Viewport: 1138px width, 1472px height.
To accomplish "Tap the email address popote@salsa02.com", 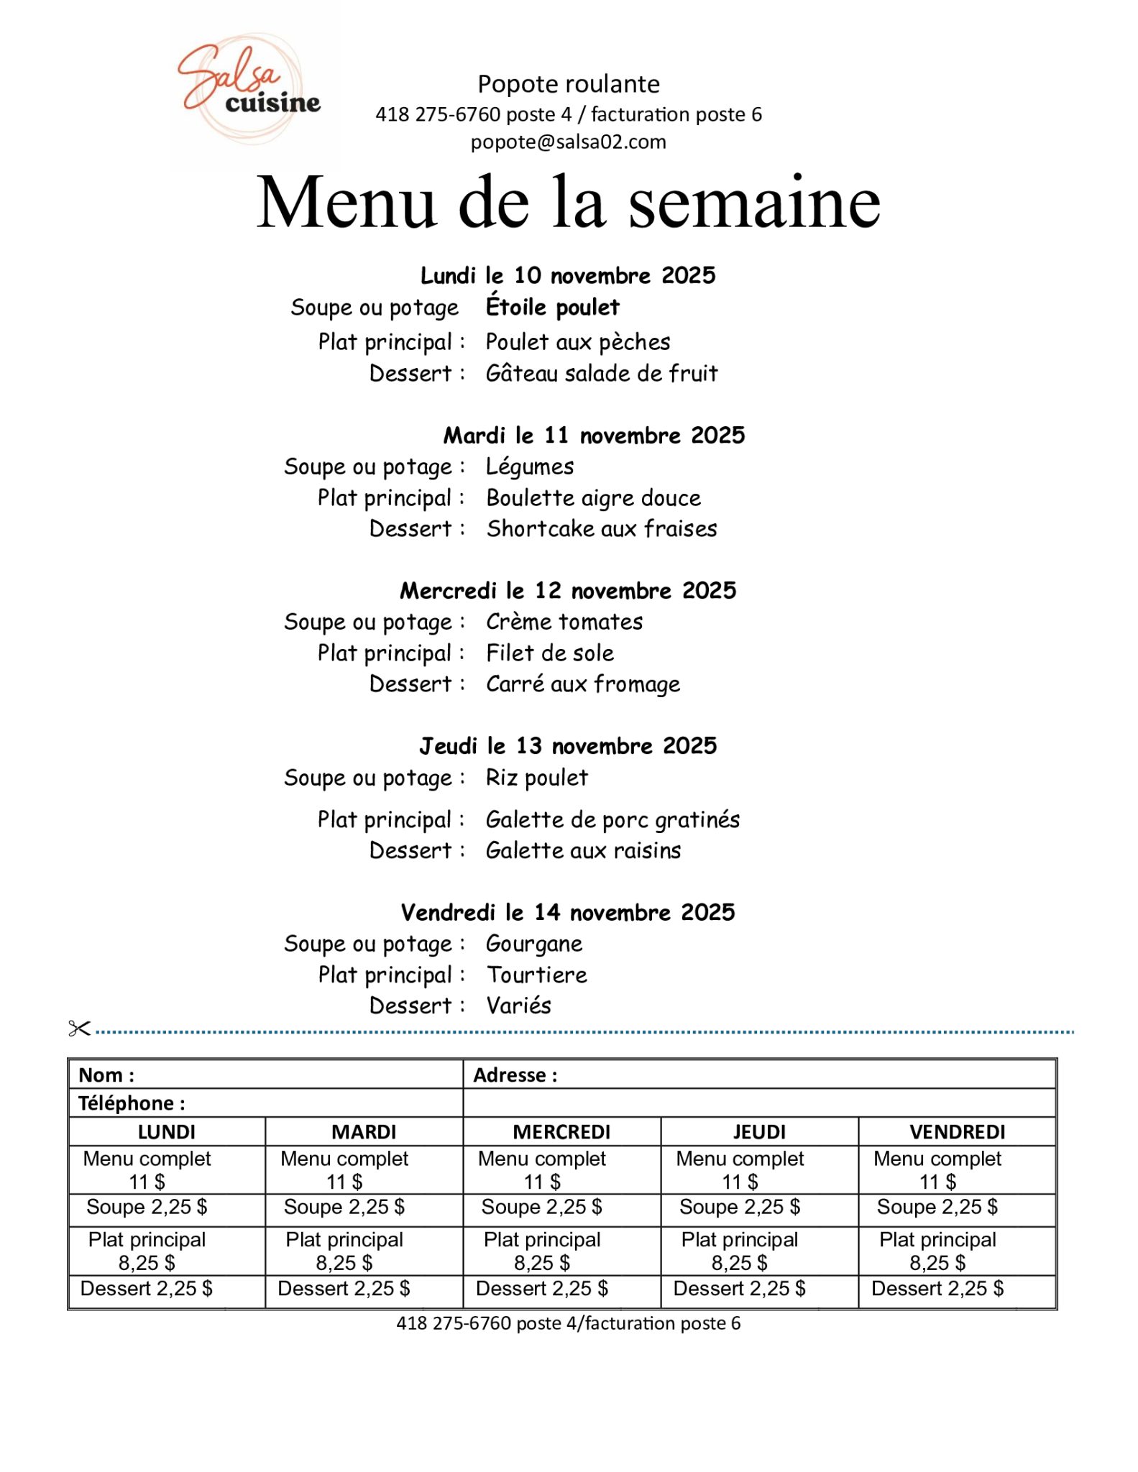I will (568, 142).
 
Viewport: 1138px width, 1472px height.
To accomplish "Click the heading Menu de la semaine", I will (568, 202).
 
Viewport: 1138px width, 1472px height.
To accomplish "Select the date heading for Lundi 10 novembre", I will (568, 275).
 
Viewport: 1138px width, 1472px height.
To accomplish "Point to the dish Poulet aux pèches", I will (577, 342).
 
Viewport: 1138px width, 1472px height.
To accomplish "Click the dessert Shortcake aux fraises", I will (602, 529).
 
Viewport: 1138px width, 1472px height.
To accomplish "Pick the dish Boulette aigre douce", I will (593, 498).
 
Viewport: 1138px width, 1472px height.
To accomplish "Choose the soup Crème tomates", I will (564, 622).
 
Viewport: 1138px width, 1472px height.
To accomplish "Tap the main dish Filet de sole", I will (550, 653).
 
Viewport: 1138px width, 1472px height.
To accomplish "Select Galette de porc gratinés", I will (612, 820).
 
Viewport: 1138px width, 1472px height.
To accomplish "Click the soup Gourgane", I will (534, 944).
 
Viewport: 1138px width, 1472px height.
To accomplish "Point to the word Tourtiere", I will (537, 975).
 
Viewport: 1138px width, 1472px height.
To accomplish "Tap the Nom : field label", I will (106, 1075).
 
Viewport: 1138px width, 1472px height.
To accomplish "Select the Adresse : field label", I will (515, 1075).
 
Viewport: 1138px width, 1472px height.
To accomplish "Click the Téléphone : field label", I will (132, 1103).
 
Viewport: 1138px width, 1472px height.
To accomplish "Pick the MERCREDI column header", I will (561, 1132).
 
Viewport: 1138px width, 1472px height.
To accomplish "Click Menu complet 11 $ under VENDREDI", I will (937, 1170).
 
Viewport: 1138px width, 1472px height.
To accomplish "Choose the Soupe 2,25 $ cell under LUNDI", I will (147, 1207).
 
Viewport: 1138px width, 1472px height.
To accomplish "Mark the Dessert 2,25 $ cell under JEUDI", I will (739, 1289).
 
